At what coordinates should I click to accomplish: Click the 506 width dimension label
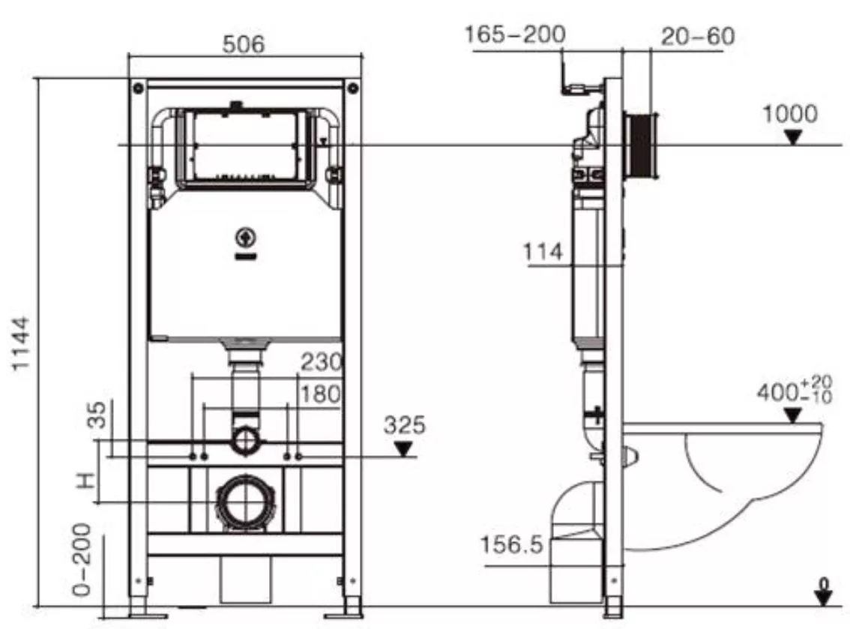click(x=244, y=44)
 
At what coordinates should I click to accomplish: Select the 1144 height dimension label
click(x=21, y=344)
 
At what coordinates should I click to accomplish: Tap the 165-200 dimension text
click(x=515, y=34)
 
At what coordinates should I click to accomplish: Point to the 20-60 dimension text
click(x=698, y=36)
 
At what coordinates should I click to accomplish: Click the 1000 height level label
click(x=790, y=115)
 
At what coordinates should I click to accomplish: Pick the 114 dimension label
click(x=543, y=252)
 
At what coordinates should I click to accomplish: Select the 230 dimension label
click(x=322, y=361)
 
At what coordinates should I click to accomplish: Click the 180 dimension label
click(x=320, y=394)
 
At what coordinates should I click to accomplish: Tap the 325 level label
click(x=405, y=426)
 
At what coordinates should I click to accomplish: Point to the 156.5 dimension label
click(x=511, y=544)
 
